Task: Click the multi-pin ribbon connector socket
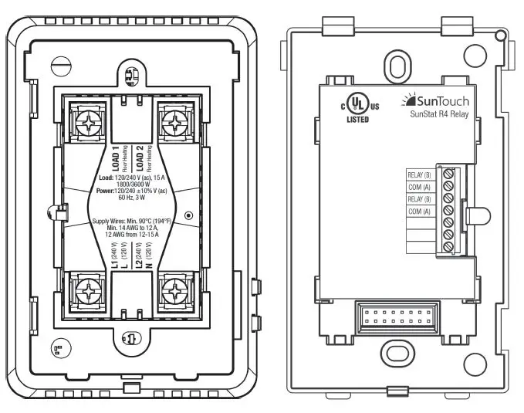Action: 397,317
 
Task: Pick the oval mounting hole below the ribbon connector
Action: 395,352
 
